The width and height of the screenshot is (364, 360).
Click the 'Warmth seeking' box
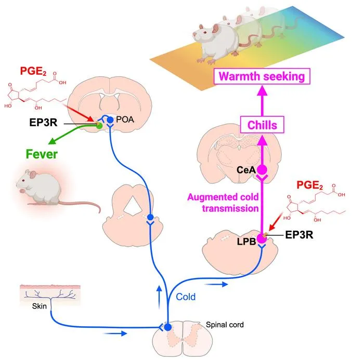coord(262,76)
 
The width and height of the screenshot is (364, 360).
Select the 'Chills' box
coord(262,125)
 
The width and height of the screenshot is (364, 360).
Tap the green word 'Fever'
coord(42,154)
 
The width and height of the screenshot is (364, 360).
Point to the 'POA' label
coord(125,119)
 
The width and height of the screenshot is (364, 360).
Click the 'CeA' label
coord(246,170)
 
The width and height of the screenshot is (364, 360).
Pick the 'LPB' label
coord(246,242)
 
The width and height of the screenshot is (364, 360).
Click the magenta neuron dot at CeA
coord(262,170)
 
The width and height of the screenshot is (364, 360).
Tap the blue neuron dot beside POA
coord(110,120)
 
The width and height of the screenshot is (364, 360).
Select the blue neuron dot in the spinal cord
coord(168,327)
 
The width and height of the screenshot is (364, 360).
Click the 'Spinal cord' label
coord(225,325)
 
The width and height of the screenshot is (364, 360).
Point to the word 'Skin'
coord(39,306)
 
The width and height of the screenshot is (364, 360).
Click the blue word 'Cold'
coord(186,297)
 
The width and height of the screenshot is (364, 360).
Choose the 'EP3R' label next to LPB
coord(299,235)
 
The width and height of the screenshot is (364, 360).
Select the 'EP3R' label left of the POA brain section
coord(43,122)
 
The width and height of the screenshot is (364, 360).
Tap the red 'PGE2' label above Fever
coord(33,71)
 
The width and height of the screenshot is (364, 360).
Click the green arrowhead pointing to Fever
coord(52,141)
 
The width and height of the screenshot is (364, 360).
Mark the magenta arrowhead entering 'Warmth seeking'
coord(262,90)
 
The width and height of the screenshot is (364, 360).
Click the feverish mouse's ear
coord(33,175)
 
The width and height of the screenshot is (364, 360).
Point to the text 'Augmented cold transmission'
coord(223,203)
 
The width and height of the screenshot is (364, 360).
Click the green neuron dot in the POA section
coord(99,126)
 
